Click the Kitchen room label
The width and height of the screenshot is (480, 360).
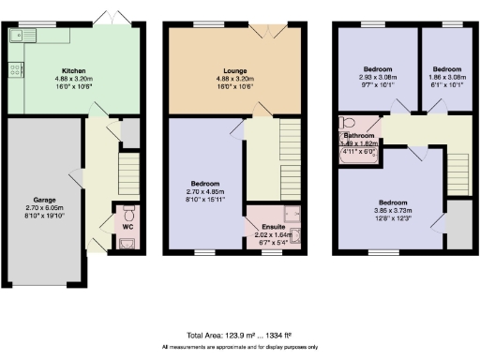coord(75,71)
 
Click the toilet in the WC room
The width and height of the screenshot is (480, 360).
coord(128,211)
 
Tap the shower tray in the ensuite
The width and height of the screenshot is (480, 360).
coord(291,213)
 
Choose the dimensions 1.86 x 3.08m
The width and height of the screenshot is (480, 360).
coord(444,77)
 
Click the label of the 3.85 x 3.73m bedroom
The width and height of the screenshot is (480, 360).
coord(393,202)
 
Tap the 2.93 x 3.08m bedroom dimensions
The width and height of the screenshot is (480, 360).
coord(378,77)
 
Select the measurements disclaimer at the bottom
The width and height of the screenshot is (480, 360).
coord(239,348)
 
